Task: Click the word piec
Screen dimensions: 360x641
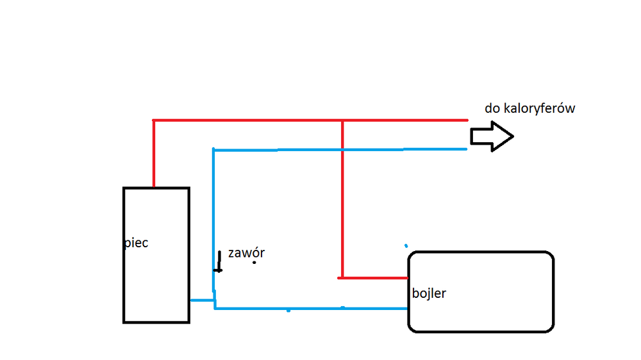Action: click(x=137, y=243)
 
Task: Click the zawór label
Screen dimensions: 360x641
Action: click(x=246, y=253)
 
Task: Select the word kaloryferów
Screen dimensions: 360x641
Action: click(x=539, y=108)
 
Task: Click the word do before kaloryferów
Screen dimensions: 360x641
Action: click(x=492, y=108)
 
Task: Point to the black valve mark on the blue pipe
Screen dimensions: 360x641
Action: click(x=219, y=261)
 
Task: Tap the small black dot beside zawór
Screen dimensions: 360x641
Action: click(x=254, y=262)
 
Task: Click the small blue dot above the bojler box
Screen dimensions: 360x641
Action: click(x=406, y=245)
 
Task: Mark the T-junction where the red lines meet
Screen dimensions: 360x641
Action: click(x=343, y=120)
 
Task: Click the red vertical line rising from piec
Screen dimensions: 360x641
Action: click(x=154, y=154)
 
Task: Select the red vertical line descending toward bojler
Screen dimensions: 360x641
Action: click(x=343, y=199)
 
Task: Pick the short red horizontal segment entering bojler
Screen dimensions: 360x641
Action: click(x=374, y=278)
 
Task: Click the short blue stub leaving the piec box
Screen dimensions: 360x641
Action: click(x=202, y=300)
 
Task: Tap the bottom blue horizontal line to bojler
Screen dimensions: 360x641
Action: click(x=311, y=309)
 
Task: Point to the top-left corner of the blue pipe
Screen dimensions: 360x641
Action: click(x=213, y=151)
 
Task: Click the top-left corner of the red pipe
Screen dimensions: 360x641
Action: click(x=154, y=120)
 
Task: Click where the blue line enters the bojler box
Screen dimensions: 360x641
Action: click(x=408, y=309)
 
